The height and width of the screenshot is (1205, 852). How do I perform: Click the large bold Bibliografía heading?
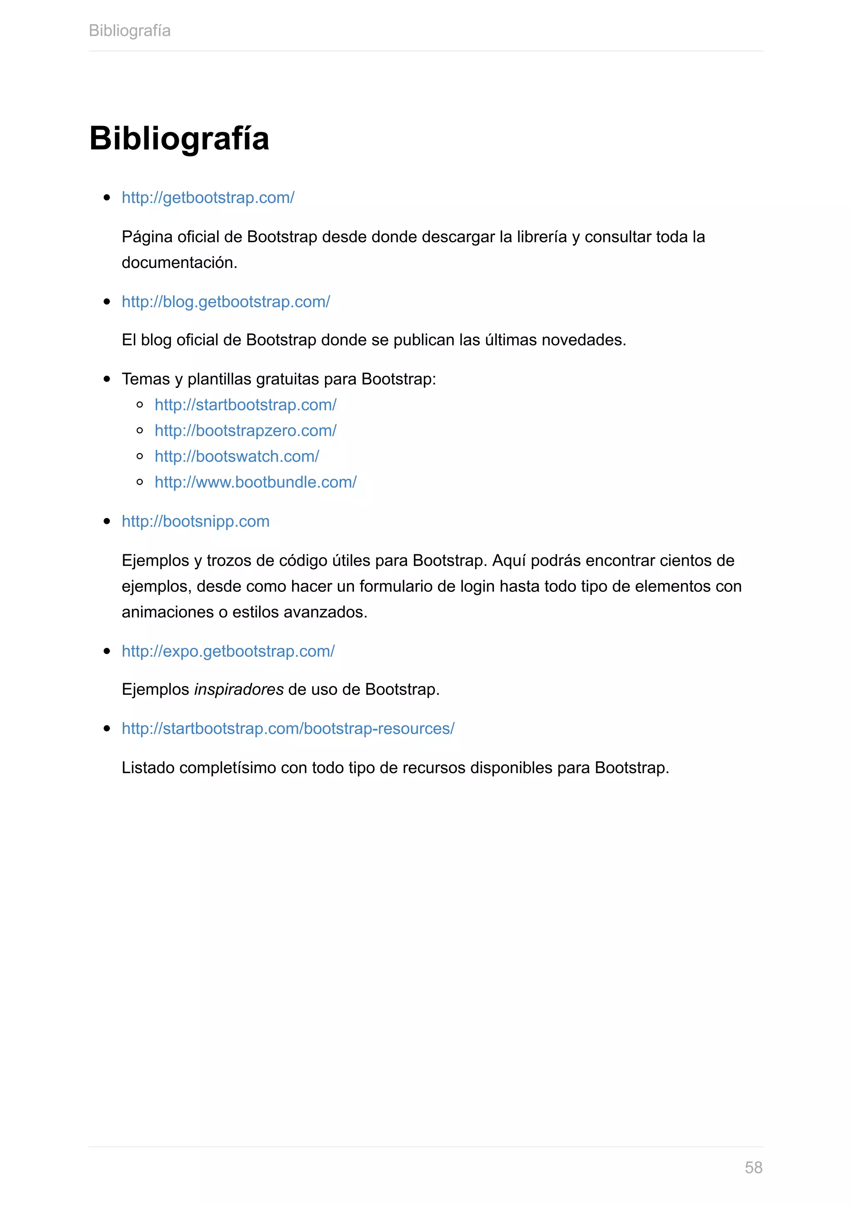coord(179,139)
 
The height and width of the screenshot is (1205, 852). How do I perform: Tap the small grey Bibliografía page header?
coord(129,30)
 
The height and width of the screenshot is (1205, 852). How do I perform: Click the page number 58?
coord(753,1167)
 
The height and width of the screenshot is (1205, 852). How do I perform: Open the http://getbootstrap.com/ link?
coord(208,198)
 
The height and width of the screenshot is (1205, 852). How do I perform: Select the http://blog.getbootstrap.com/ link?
coord(225,302)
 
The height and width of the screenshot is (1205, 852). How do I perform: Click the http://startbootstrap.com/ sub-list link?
coord(245,404)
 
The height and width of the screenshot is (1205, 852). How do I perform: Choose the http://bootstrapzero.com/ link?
coord(245,430)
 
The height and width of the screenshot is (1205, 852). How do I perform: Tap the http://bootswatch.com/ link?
coord(237,456)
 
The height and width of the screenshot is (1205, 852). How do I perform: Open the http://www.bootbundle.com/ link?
coord(255,482)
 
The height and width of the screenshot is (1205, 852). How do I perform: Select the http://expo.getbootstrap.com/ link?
coord(228,651)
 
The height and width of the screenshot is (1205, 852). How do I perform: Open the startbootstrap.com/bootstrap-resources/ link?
coord(288,729)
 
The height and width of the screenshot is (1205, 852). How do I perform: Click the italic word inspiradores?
coord(239,689)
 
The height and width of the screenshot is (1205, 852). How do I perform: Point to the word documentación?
coord(179,263)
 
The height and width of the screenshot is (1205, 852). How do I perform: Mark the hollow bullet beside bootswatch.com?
coord(139,456)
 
